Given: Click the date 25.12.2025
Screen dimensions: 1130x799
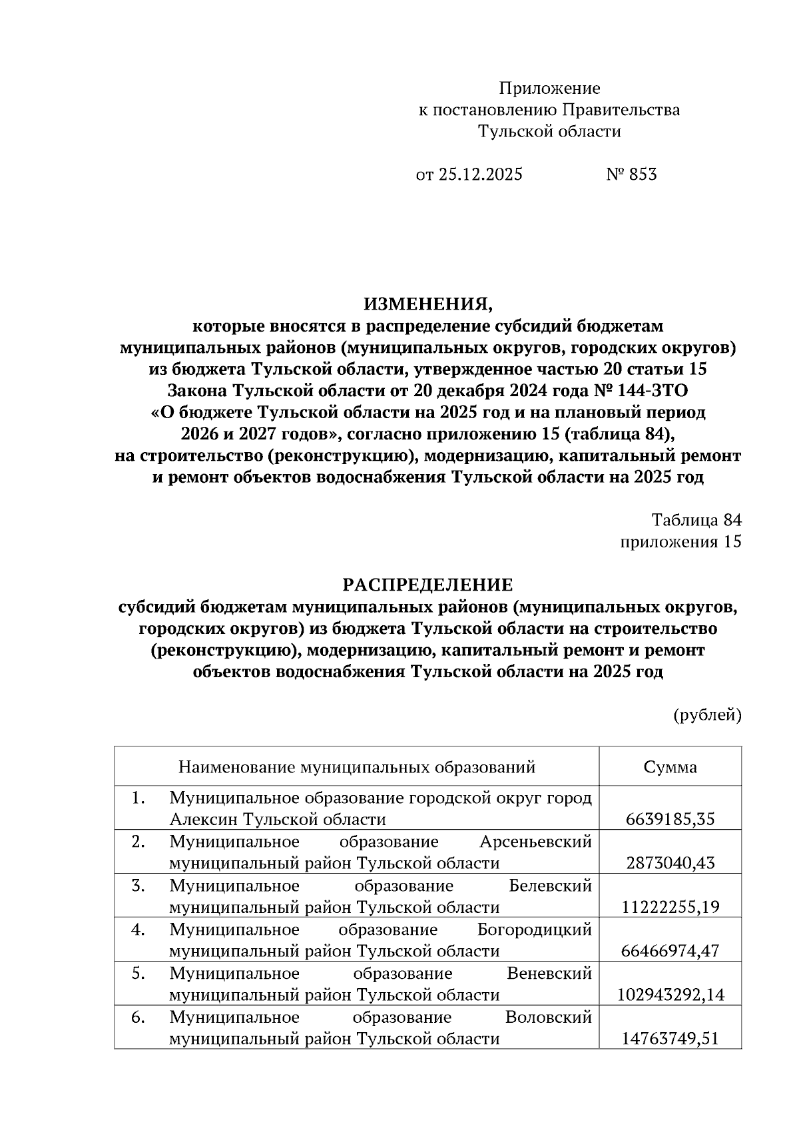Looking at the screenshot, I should coord(480,174).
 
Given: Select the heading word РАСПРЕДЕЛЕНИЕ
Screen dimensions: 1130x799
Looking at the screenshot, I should coord(428,585).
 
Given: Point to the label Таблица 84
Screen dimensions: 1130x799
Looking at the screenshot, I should coord(696,520).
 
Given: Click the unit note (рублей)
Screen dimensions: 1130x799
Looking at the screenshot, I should coord(707,714).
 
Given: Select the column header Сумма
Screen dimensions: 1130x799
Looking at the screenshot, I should coord(670,767).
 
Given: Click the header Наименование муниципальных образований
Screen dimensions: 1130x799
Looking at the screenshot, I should coord(357,767).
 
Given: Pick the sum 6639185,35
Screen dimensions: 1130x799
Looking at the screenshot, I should coord(670,819).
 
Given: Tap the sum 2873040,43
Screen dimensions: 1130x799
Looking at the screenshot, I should coord(670,863).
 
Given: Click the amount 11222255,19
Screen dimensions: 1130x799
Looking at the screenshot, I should coord(670,907).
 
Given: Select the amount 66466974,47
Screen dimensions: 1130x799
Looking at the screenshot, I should coord(670,951).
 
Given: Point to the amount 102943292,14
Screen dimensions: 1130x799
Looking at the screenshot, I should coord(670,995).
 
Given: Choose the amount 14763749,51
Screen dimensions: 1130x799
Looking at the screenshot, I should coord(670,1039).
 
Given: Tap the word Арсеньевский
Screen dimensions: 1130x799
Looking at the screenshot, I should coord(535,842).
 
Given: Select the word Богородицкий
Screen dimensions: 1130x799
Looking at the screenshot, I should coord(535,929).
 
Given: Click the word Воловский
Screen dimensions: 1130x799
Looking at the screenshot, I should coord(549,1017).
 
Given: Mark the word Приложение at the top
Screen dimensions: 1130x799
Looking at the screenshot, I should coord(550,88).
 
